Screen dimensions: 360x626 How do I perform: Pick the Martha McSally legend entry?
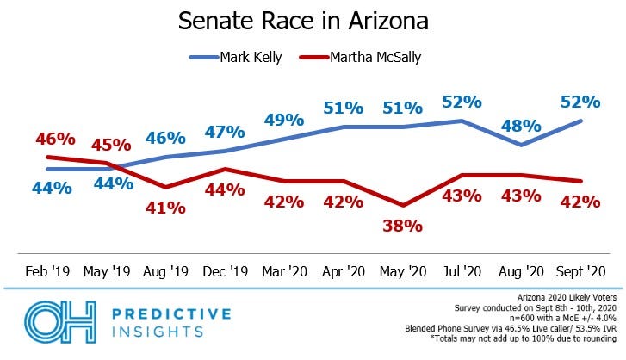click(x=367, y=58)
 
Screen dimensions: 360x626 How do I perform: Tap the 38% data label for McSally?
click(x=403, y=227)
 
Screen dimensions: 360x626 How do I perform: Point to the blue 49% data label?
click(x=284, y=119)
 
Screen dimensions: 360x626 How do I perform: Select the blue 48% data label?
click(x=521, y=125)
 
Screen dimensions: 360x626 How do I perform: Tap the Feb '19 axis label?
click(x=46, y=271)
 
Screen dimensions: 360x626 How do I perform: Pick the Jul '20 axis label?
click(x=462, y=271)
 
